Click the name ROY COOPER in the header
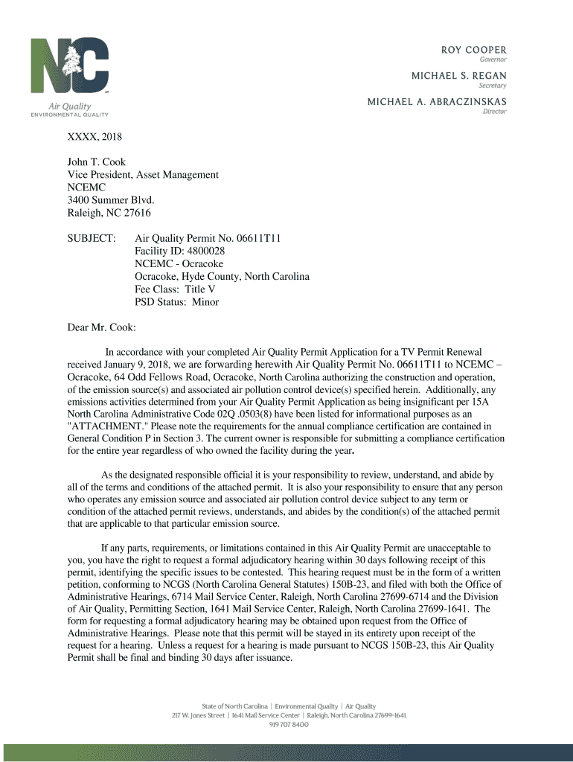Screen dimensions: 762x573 (x=474, y=49)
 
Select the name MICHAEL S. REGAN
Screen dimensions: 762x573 (x=459, y=75)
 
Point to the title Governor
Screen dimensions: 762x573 (x=493, y=59)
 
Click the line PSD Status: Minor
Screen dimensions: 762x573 (x=176, y=302)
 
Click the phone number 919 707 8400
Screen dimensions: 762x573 (x=289, y=724)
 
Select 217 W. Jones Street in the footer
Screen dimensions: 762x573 (x=199, y=715)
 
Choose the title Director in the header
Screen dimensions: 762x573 (x=495, y=111)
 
